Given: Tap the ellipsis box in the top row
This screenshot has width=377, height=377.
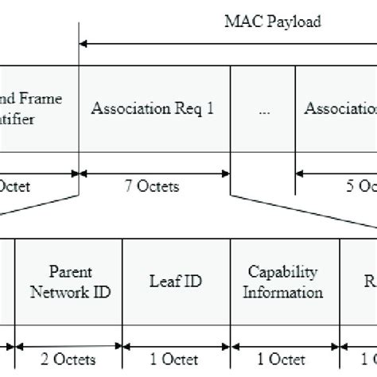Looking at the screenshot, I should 262,111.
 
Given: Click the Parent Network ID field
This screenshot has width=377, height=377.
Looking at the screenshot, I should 69,282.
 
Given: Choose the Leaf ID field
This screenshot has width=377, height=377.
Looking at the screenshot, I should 176,282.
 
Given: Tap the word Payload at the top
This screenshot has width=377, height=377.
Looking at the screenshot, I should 296,21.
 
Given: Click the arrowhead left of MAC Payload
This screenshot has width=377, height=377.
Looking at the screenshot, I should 85,45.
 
